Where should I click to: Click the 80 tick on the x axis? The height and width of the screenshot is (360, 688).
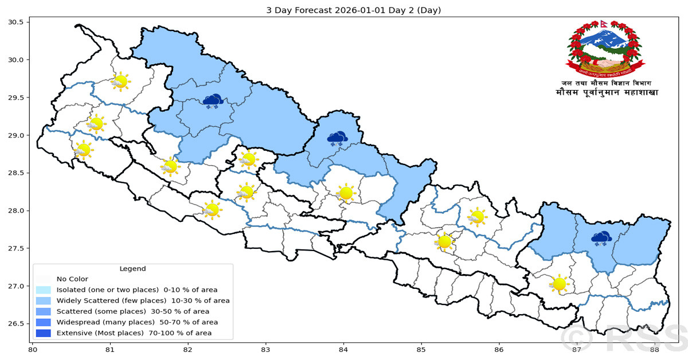tap(33, 349)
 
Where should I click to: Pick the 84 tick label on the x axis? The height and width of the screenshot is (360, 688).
tap(343, 349)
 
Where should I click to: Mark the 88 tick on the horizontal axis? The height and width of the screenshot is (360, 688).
tap(654, 349)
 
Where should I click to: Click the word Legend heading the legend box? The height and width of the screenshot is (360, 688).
tap(132, 268)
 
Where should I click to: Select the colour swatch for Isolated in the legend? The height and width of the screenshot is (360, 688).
tap(43, 290)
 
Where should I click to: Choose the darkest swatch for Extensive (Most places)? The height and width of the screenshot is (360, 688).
tap(43, 333)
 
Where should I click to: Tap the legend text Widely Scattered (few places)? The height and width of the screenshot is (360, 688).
tap(109, 300)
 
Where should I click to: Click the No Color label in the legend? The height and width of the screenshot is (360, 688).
tap(72, 279)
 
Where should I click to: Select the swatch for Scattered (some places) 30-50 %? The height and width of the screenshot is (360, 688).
tap(43, 311)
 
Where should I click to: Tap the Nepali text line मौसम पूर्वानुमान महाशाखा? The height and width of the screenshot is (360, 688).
tap(607, 93)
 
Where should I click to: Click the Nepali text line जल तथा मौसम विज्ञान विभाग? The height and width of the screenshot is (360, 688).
tap(607, 83)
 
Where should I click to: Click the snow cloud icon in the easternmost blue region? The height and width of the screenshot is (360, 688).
tap(601, 238)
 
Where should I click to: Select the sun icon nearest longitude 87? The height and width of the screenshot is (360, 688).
tap(558, 283)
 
